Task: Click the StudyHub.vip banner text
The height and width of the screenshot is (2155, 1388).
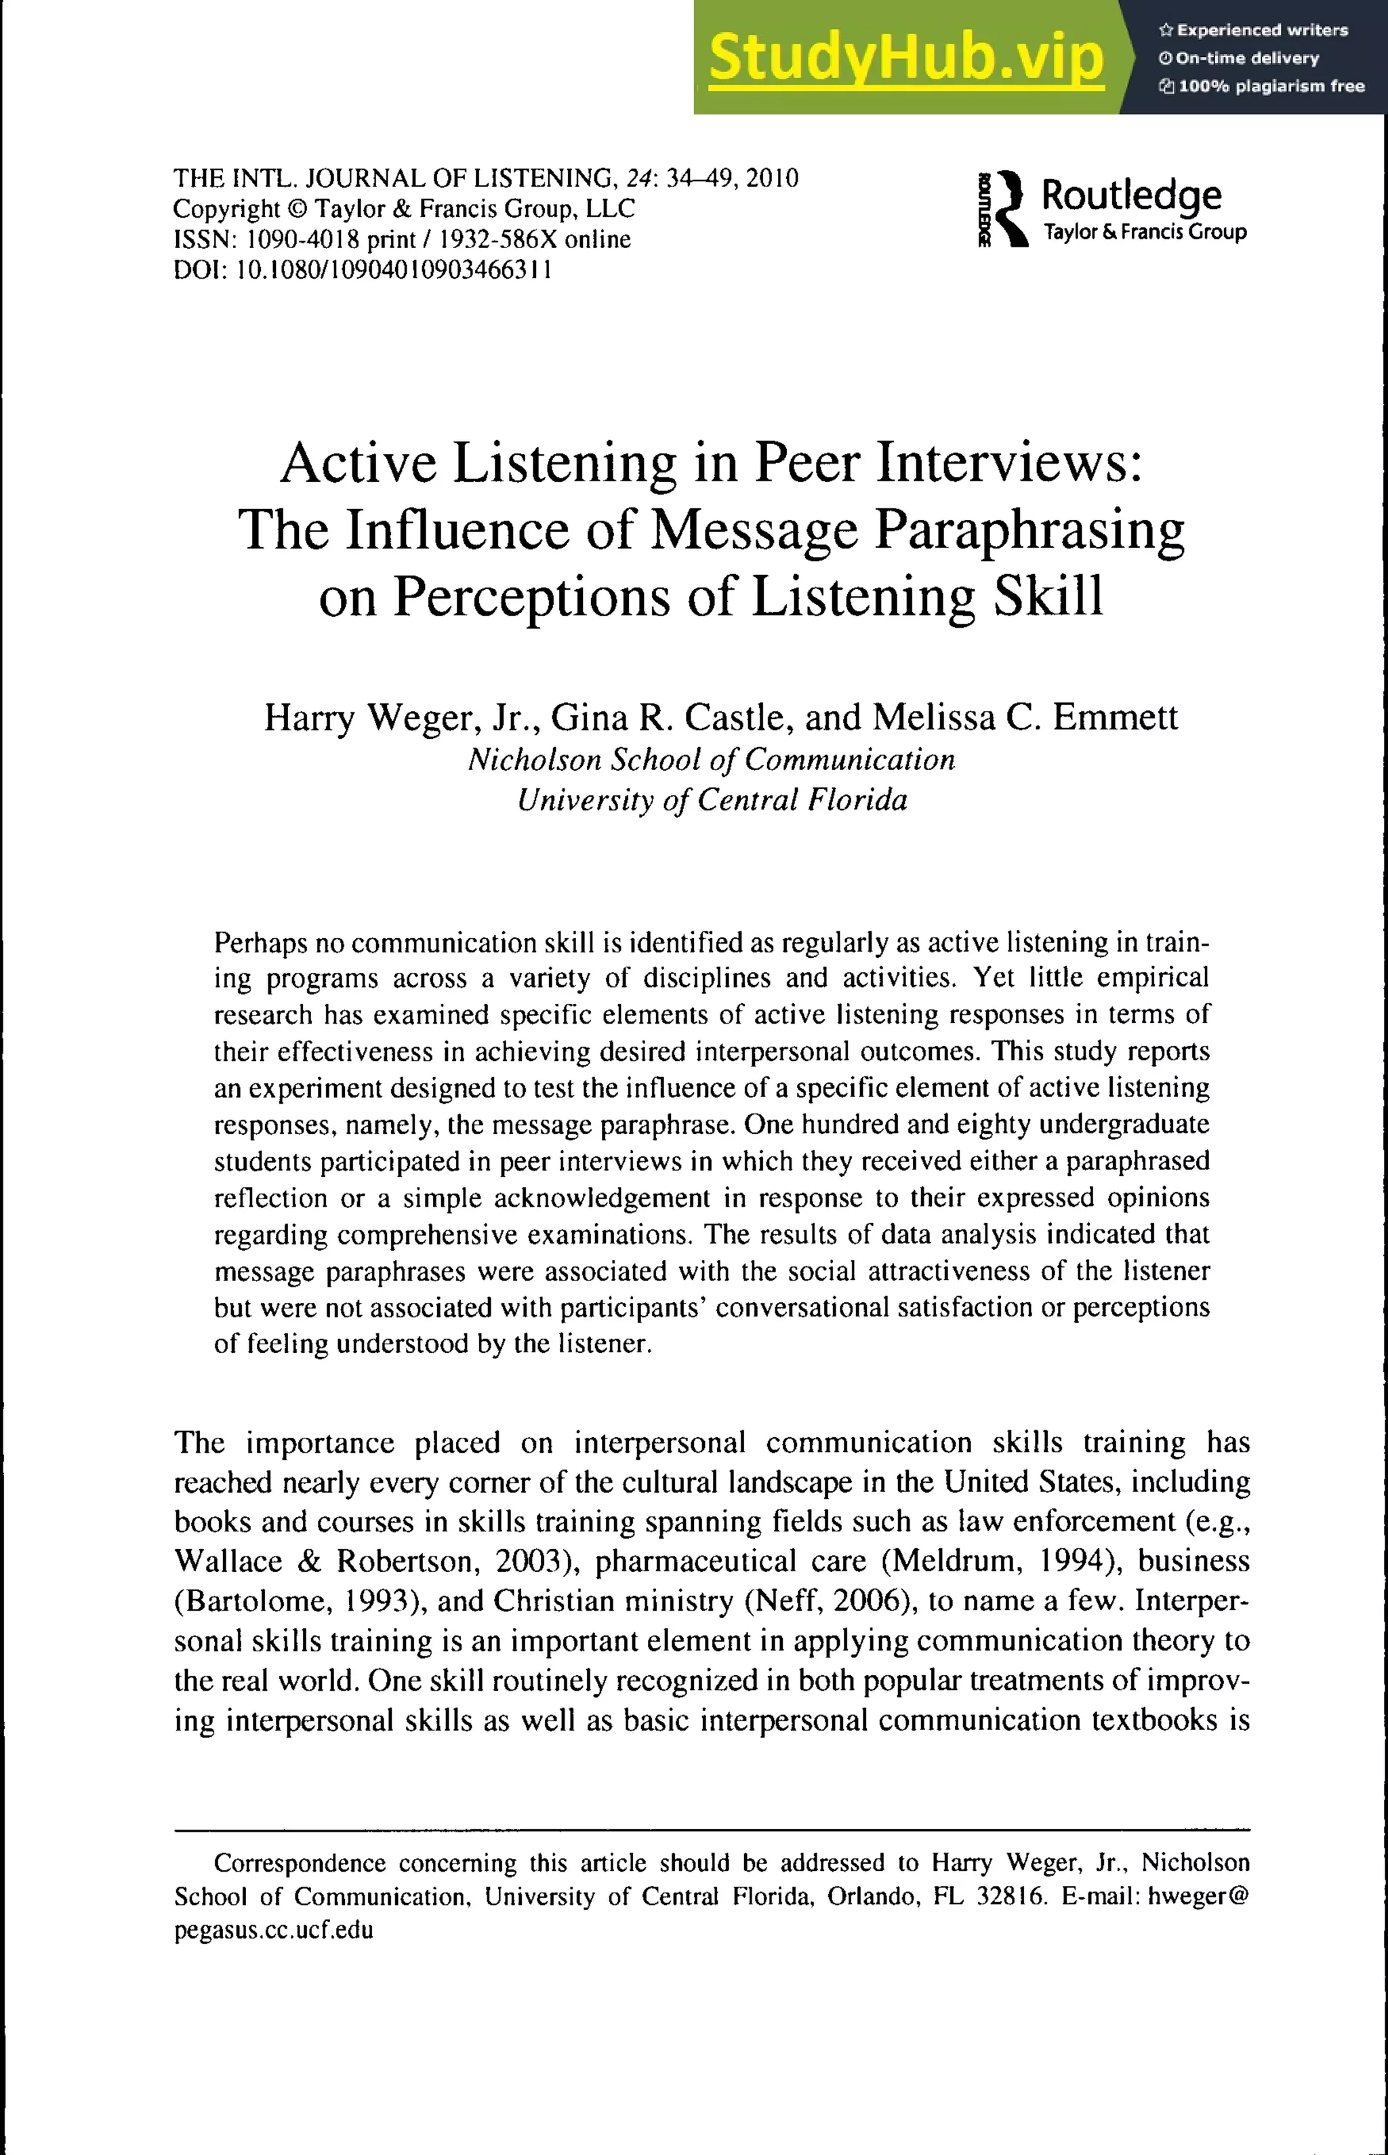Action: tap(906, 58)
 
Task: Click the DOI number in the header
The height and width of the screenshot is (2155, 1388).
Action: tap(393, 270)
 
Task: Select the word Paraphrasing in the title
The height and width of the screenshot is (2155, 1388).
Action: tap(1029, 531)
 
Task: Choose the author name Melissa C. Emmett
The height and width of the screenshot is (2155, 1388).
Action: tap(1025, 717)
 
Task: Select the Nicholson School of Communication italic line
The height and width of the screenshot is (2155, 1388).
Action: tap(711, 760)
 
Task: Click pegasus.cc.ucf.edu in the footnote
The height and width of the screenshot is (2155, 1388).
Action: tap(273, 1931)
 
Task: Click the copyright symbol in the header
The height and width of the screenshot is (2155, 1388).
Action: tap(298, 209)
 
